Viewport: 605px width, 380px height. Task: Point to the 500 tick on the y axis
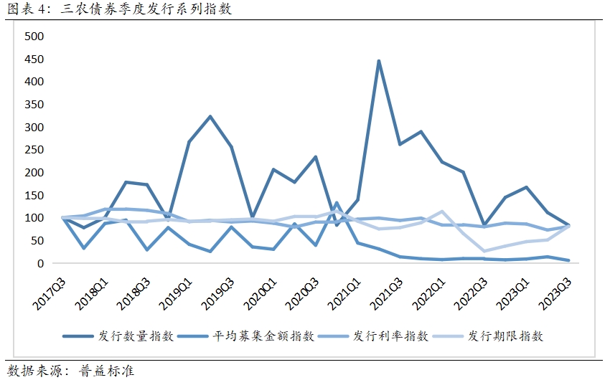pos(34,36)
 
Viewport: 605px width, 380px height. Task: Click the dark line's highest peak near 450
pos(378,61)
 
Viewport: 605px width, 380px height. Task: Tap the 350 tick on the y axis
pos(34,104)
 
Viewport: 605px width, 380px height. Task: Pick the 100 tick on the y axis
pos(34,218)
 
